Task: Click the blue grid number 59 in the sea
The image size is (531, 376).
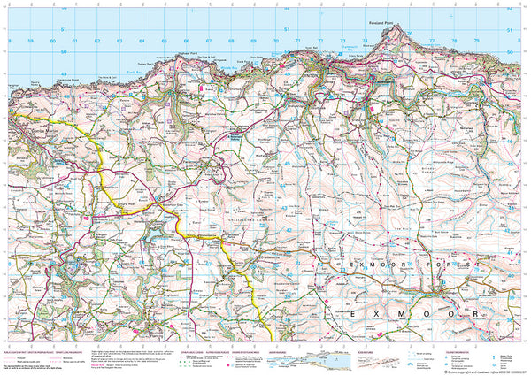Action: (31, 41)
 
